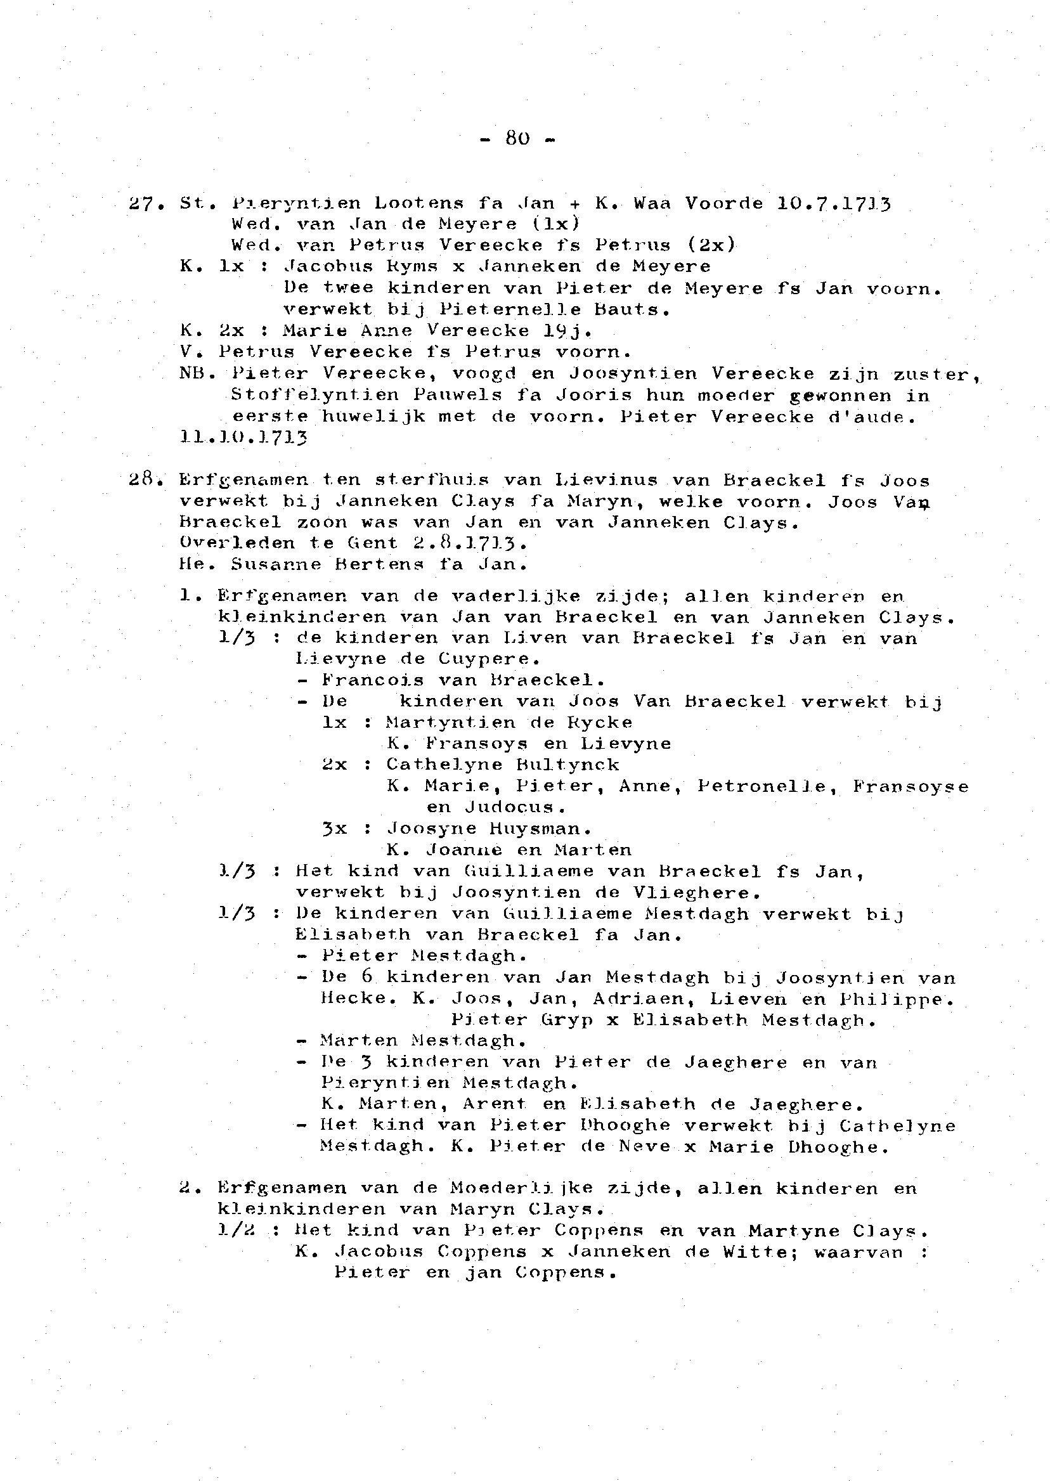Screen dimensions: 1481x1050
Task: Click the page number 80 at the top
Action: (x=518, y=138)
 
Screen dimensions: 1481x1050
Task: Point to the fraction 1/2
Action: (x=237, y=1230)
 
